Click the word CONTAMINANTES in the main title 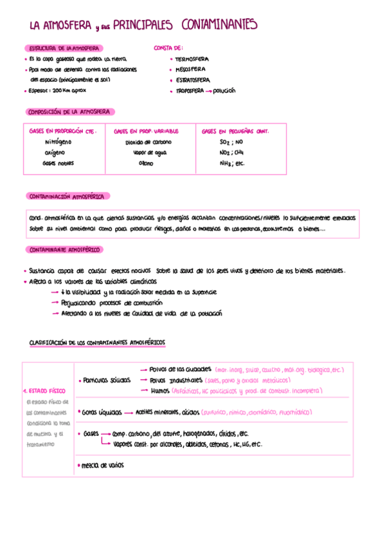coord(219,25)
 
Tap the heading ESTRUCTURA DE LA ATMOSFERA coord(62,48)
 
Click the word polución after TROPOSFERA coord(224,91)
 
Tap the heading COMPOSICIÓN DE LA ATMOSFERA coord(69,111)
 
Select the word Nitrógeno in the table coord(58,142)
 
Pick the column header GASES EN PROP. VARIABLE coord(146,131)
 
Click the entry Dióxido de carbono coord(147,142)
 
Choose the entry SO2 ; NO coord(231,142)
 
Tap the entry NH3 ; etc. coord(233,164)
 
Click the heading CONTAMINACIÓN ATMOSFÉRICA coord(69,196)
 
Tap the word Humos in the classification coord(160,390)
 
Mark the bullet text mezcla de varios coord(102,465)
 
